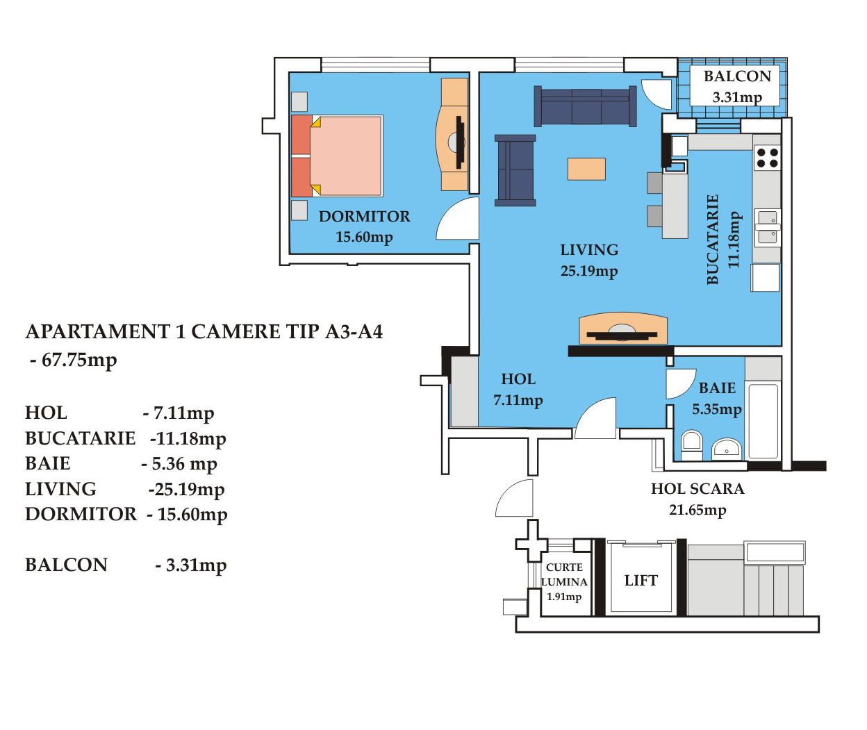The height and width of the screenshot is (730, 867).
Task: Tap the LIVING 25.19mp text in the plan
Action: point(589,260)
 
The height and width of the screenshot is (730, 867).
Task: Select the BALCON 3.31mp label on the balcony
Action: point(737,86)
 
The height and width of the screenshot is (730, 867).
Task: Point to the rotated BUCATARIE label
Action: point(723,240)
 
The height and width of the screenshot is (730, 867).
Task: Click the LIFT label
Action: point(641,581)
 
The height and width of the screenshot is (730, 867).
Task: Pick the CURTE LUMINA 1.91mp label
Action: point(564,582)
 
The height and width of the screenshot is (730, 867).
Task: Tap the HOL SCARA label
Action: point(697,489)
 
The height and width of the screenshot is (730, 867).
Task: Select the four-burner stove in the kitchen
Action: point(767,158)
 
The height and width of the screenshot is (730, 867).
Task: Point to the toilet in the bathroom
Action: point(691,445)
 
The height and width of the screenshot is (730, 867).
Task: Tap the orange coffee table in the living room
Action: point(586,169)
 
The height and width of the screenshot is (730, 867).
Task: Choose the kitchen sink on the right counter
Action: point(767,226)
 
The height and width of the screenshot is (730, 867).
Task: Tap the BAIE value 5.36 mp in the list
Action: point(179,464)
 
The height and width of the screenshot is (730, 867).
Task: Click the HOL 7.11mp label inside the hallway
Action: point(518,389)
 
